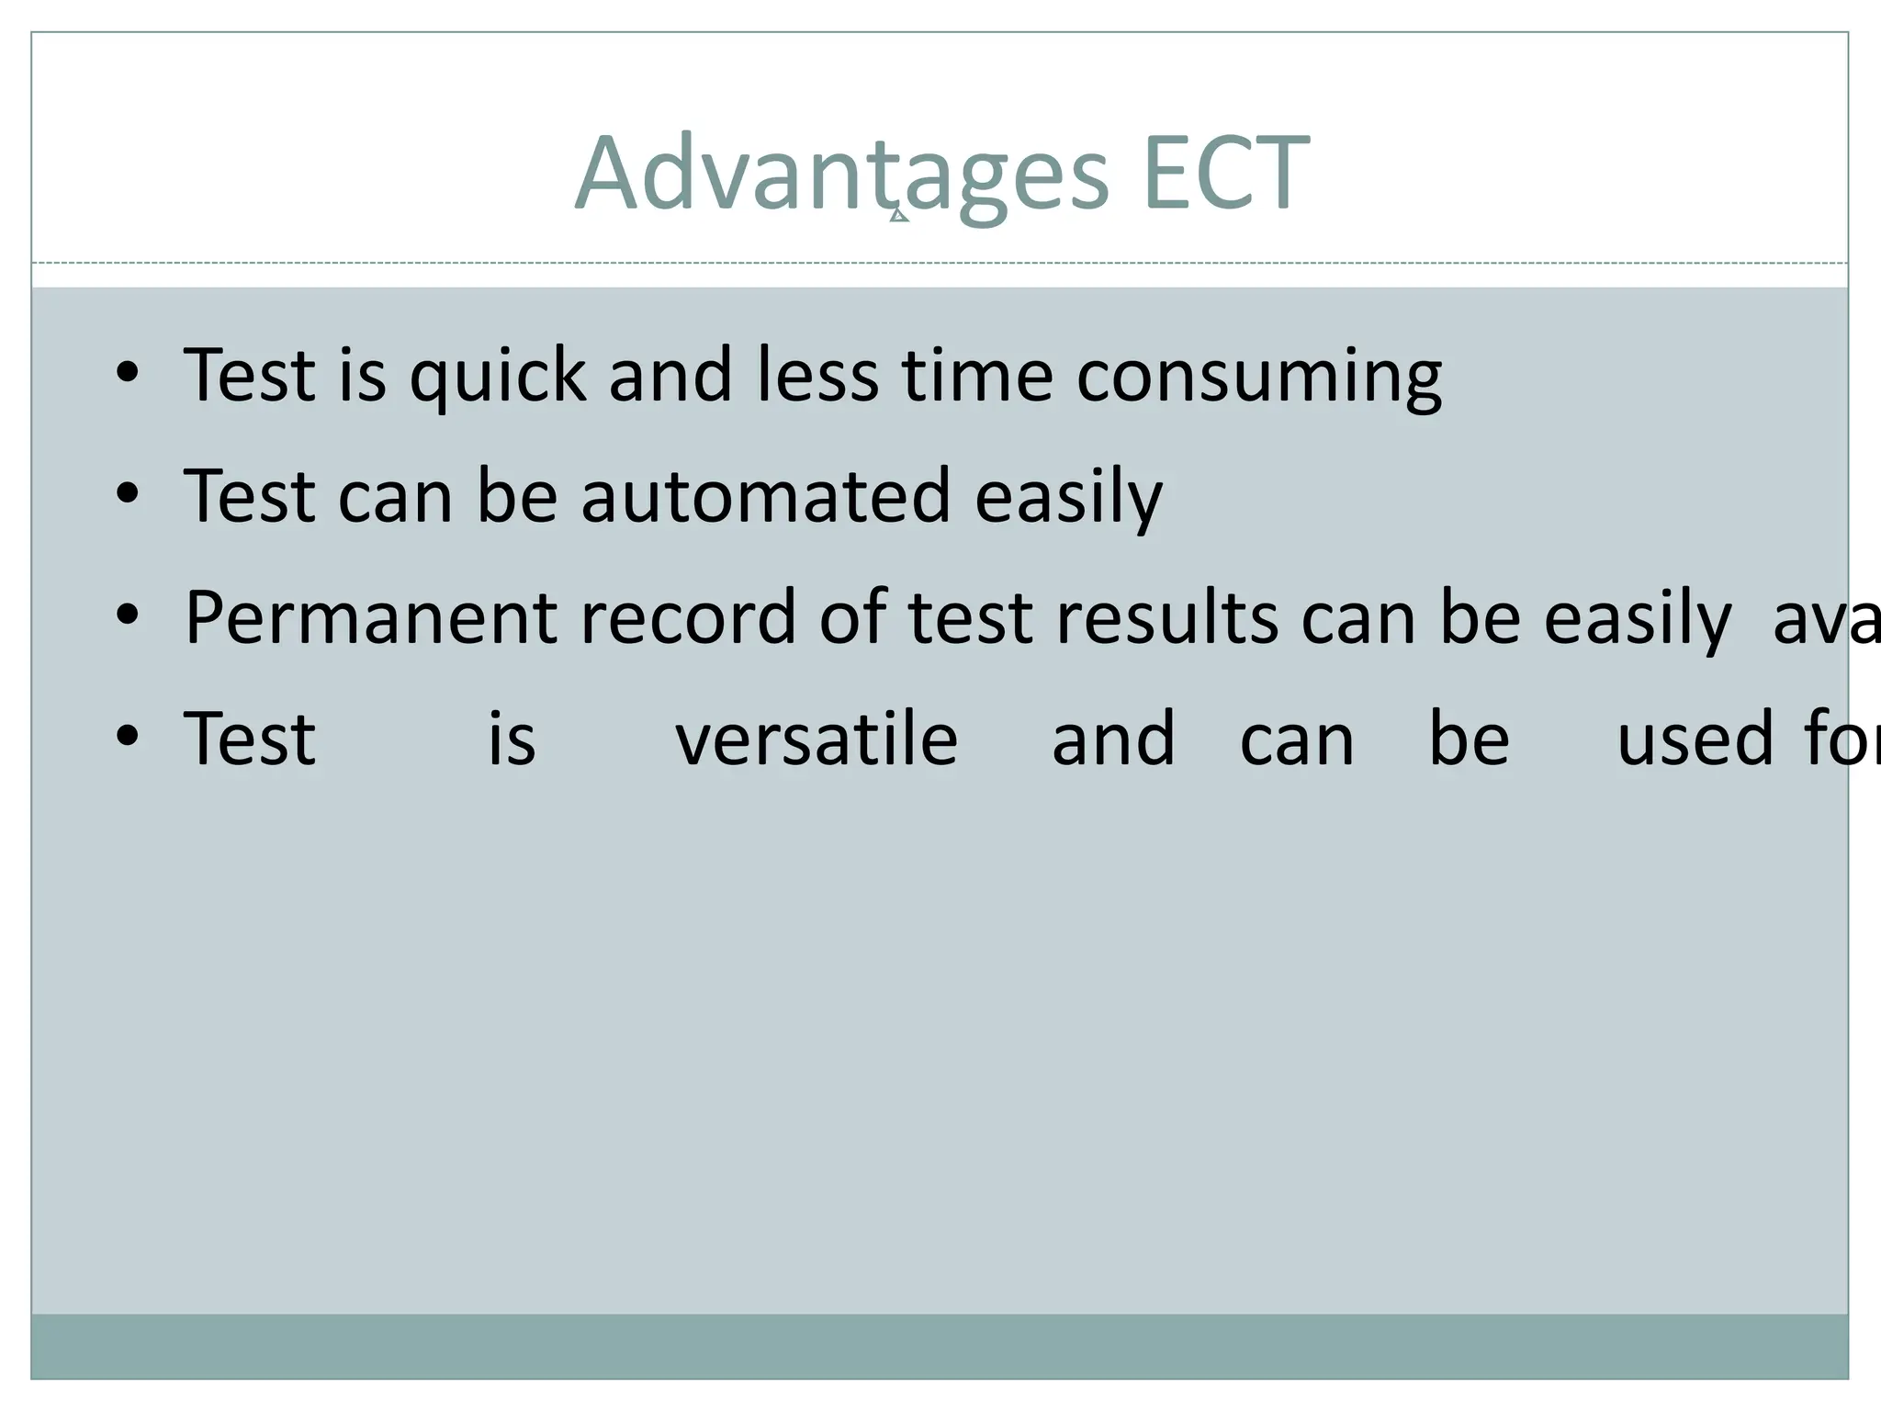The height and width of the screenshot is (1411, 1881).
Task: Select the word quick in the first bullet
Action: pyautogui.click(x=497, y=376)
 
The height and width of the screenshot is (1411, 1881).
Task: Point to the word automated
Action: pyautogui.click(x=765, y=496)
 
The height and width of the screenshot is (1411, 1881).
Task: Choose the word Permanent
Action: pyautogui.click(x=370, y=617)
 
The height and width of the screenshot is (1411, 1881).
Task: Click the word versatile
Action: pyautogui.click(x=817, y=739)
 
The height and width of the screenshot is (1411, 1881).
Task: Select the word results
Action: pyautogui.click(x=1167, y=617)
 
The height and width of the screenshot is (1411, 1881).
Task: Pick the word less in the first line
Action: pyautogui.click(x=817, y=376)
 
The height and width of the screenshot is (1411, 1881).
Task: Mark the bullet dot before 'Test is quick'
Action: pyautogui.click(x=128, y=372)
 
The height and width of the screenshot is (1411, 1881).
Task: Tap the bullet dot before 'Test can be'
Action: pyautogui.click(x=128, y=493)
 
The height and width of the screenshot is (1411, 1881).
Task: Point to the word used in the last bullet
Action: pyautogui.click(x=1695, y=739)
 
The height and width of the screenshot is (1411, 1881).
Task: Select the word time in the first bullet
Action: pyautogui.click(x=976, y=376)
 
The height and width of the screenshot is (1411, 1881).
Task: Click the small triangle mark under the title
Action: pyautogui.click(x=899, y=216)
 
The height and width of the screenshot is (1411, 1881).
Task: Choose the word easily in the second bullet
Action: pyautogui.click(x=1068, y=497)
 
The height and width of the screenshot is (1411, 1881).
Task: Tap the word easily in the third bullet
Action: pyautogui.click(x=1638, y=618)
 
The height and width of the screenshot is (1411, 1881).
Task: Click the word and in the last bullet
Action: pyautogui.click(x=1113, y=739)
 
